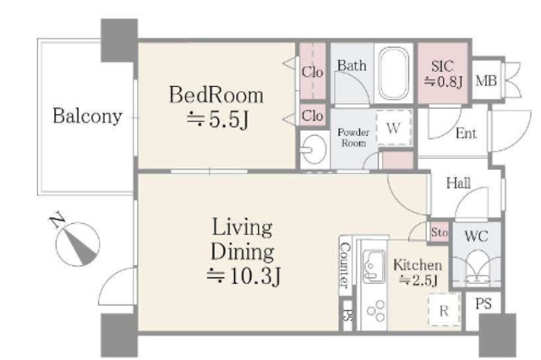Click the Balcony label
coord(87,116)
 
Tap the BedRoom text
coord(216,95)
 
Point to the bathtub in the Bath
coord(393,74)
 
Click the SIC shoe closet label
coord(442,66)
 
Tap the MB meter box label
coord(486,81)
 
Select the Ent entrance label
coord(466,134)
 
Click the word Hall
coord(458,183)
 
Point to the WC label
coord(476,237)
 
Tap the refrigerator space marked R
coord(445,310)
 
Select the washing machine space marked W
coord(394,128)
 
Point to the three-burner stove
coord(376,311)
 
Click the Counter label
coord(345,265)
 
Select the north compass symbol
coord(77,243)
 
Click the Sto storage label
coord(440,232)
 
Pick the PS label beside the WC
coord(484,303)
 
